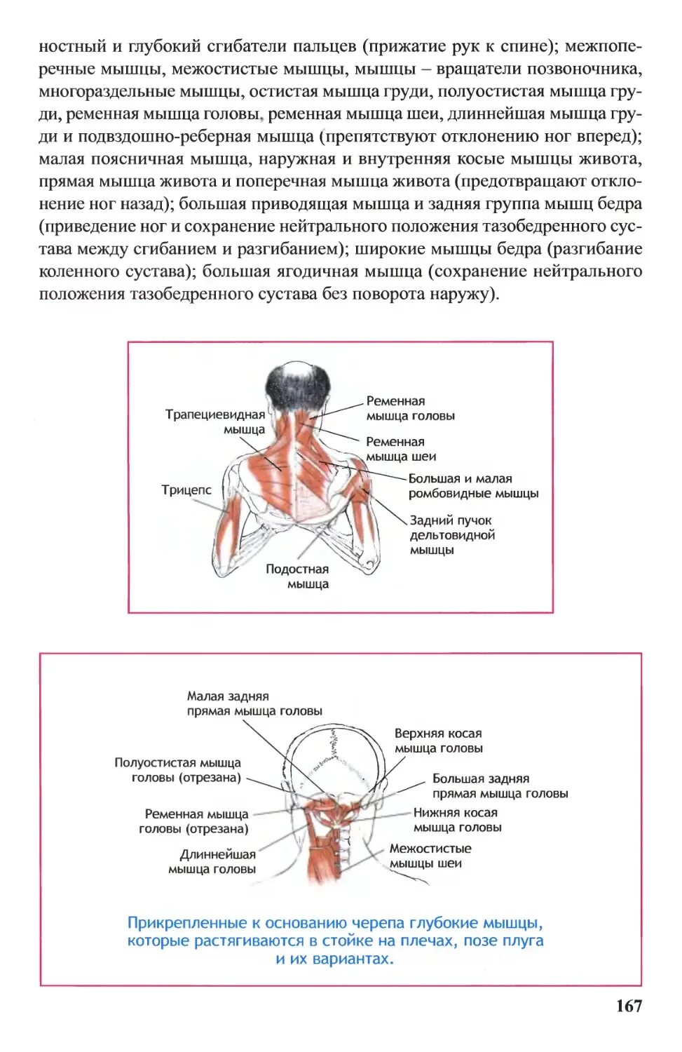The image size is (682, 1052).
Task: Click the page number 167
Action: coord(629,1006)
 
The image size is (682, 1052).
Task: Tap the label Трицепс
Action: coord(186,490)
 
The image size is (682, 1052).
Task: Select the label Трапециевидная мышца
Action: coord(215,422)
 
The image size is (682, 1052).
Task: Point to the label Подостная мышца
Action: coord(297,576)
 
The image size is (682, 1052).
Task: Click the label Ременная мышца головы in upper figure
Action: coord(410,408)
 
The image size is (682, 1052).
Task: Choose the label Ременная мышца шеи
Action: coord(400,449)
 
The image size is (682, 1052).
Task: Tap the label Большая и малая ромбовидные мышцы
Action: coord(473,486)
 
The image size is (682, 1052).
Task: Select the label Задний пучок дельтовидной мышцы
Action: coord(452,535)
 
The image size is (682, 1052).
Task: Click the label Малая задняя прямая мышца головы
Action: coord(254,703)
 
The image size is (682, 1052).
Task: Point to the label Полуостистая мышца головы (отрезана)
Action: coord(178,770)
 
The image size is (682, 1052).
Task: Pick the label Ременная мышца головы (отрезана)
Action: coord(194,821)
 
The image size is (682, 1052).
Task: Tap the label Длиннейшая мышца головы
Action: coord(212,862)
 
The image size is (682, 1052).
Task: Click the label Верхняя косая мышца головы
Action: coord(438,741)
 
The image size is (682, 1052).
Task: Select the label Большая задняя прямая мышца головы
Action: coord(499,786)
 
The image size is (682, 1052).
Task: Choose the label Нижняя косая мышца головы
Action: coord(457,820)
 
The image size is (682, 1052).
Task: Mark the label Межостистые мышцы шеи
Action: coord(430,856)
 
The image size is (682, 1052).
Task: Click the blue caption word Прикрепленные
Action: coord(187,923)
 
